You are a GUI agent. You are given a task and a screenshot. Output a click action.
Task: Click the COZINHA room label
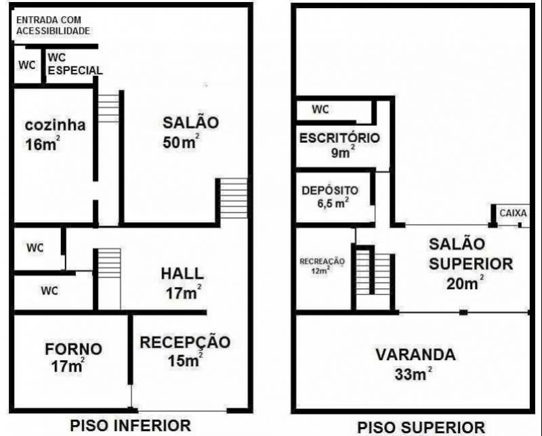[55, 126]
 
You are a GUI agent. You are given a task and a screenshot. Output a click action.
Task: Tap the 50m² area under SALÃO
[181, 143]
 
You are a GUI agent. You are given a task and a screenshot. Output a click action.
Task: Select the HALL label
[182, 274]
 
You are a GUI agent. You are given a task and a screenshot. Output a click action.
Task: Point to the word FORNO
[73, 349]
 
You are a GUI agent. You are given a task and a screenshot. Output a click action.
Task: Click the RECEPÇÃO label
[185, 343]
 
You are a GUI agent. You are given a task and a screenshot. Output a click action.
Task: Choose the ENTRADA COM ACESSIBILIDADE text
[53, 25]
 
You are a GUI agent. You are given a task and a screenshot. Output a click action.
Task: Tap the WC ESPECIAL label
[75, 64]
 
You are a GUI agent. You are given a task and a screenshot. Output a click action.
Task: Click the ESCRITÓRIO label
[339, 138]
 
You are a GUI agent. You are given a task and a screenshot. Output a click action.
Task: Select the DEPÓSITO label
[330, 190]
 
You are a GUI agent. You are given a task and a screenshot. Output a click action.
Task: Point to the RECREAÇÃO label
[322, 261]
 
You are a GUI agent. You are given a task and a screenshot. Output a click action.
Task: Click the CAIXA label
[513, 213]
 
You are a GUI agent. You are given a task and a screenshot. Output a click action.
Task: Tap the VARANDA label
[415, 355]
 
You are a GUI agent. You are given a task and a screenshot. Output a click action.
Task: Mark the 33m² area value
[413, 373]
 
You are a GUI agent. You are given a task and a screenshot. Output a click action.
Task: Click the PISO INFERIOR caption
[130, 425]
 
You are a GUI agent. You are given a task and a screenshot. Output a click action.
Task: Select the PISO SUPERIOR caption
[421, 427]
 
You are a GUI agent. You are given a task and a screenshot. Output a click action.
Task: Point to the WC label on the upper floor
[320, 109]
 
